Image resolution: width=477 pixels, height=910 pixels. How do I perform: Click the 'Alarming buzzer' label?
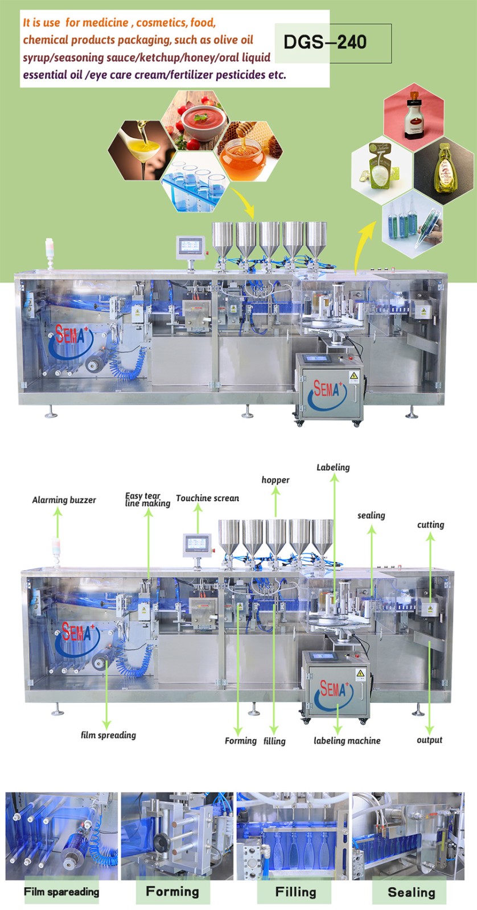(64, 500)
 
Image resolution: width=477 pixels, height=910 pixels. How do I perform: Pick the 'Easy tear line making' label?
(147, 500)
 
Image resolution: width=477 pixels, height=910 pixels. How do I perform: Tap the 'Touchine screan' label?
(207, 498)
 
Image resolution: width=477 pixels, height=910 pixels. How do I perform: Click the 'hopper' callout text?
(275, 480)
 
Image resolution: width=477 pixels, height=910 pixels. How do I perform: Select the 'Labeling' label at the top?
(333, 468)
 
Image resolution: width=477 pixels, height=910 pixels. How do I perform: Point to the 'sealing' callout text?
(371, 515)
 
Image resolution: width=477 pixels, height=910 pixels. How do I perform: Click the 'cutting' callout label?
(430, 525)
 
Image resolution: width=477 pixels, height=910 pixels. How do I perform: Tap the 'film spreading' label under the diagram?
(108, 735)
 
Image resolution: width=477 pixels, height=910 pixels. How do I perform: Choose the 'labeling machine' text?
(347, 741)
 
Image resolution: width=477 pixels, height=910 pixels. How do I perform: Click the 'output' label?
(429, 740)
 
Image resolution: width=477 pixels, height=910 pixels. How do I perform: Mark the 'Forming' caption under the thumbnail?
(172, 891)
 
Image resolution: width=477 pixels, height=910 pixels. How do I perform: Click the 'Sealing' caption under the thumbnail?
(411, 892)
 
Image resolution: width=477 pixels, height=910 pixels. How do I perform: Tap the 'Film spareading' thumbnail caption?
(61, 891)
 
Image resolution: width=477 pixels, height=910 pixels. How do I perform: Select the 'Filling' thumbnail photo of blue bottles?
(293, 836)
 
